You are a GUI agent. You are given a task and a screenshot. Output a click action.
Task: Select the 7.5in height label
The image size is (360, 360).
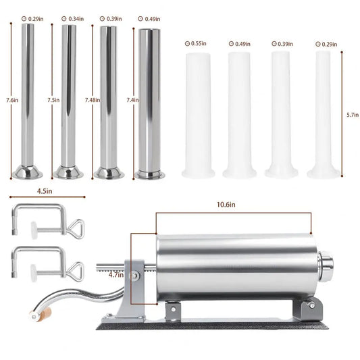pyautogui.click(x=53, y=100)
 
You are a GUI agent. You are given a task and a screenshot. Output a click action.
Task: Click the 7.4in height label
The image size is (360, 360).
pyautogui.click(x=133, y=100)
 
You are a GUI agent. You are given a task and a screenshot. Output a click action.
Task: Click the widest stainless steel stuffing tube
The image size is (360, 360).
pyautogui.click(x=150, y=101)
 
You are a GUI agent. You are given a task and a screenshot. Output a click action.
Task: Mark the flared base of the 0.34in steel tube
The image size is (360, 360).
pyautogui.click(x=68, y=172)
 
